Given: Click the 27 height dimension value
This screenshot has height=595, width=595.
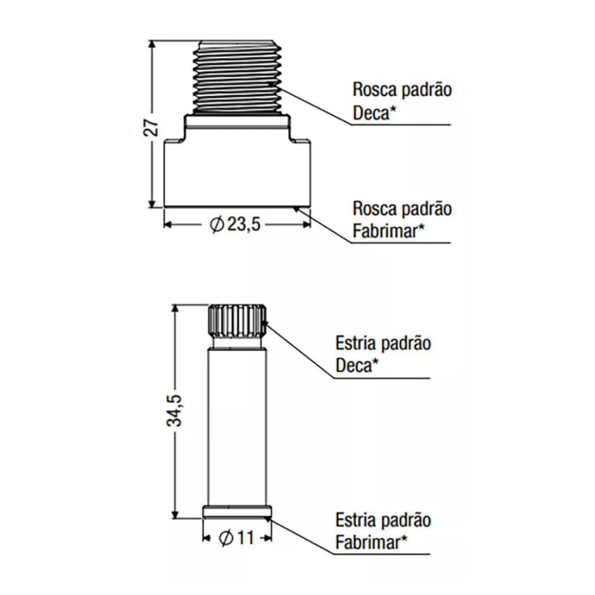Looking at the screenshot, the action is click(152, 128).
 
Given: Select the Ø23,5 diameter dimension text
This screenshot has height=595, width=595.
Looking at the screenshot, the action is click(235, 224).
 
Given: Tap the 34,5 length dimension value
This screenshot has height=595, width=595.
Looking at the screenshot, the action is click(175, 411).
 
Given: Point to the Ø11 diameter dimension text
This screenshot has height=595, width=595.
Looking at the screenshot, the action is click(236, 537).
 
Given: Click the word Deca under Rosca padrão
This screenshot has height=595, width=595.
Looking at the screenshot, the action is click(371, 113).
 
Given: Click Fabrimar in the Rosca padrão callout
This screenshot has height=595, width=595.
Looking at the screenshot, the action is click(385, 231).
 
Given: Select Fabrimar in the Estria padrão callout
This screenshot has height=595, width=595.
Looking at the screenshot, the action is click(368, 542).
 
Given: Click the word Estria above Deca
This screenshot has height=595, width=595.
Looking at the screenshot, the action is click(355, 343).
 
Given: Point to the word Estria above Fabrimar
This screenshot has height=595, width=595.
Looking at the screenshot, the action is click(355, 520).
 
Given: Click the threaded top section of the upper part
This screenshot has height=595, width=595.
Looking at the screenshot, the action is click(238, 77).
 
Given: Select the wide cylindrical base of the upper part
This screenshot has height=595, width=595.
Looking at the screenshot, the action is click(238, 173).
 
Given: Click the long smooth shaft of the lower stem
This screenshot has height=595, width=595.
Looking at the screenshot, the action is click(237, 428).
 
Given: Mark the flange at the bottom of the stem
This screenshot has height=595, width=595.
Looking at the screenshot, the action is click(237, 512).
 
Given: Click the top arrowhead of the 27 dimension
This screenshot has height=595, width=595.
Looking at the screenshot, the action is click(152, 44).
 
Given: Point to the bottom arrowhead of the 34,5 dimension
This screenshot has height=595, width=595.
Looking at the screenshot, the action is click(175, 514).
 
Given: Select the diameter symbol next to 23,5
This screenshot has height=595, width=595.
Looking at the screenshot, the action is click(217, 225).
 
